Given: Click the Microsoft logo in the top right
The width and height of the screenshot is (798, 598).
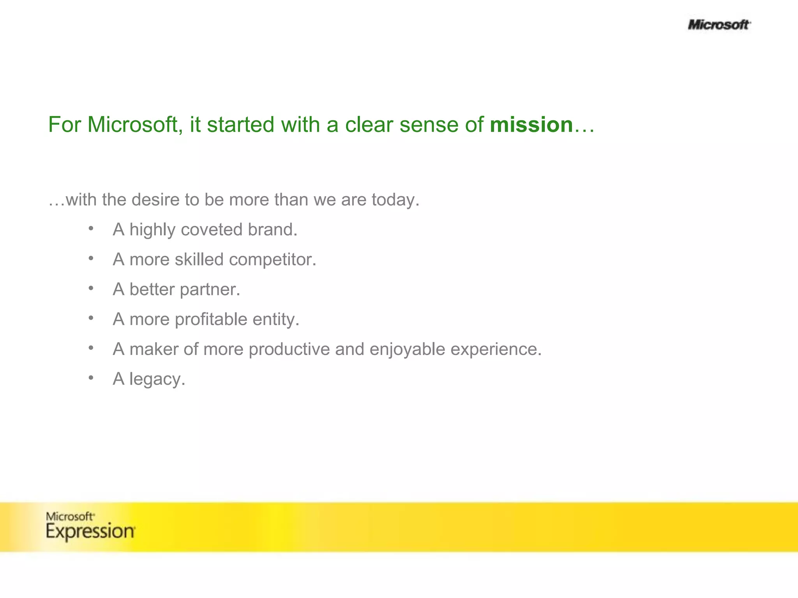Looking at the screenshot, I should (x=719, y=25).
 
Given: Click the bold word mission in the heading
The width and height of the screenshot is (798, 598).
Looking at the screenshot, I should (x=531, y=125).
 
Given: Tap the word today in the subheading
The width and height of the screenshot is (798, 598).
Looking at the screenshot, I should (x=394, y=200).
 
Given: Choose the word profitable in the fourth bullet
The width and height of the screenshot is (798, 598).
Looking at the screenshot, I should (x=211, y=319).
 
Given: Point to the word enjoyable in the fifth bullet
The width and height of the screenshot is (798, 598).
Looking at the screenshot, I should (x=407, y=349).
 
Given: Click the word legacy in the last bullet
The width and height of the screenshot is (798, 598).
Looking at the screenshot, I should (x=157, y=379).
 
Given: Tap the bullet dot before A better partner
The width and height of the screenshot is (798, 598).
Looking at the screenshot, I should (x=91, y=288).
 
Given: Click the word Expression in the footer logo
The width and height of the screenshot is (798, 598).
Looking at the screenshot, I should (x=90, y=531).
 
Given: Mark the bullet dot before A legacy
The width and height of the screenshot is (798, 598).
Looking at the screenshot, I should (x=91, y=378).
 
